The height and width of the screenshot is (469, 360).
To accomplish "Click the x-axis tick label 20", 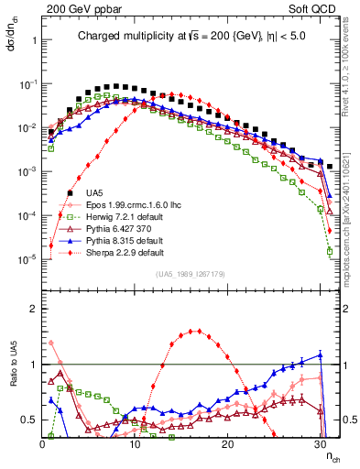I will pos(228,442).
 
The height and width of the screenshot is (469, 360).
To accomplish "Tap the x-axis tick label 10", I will pos(136,442).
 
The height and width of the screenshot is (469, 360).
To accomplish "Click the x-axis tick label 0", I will pos(43,442).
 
